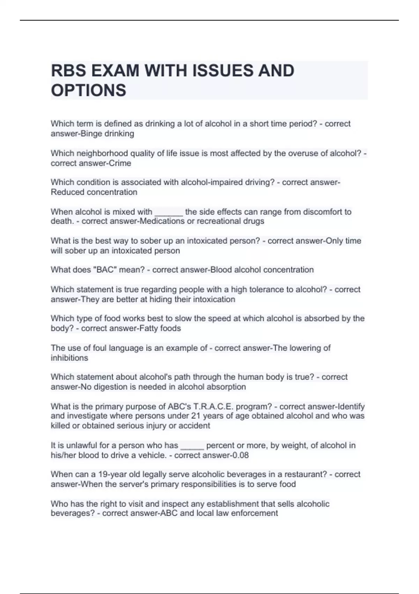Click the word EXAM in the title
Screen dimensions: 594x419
click(x=115, y=71)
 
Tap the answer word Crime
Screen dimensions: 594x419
click(x=120, y=163)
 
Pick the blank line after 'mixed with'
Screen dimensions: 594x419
click(x=169, y=212)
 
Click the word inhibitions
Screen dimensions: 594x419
click(x=69, y=358)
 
